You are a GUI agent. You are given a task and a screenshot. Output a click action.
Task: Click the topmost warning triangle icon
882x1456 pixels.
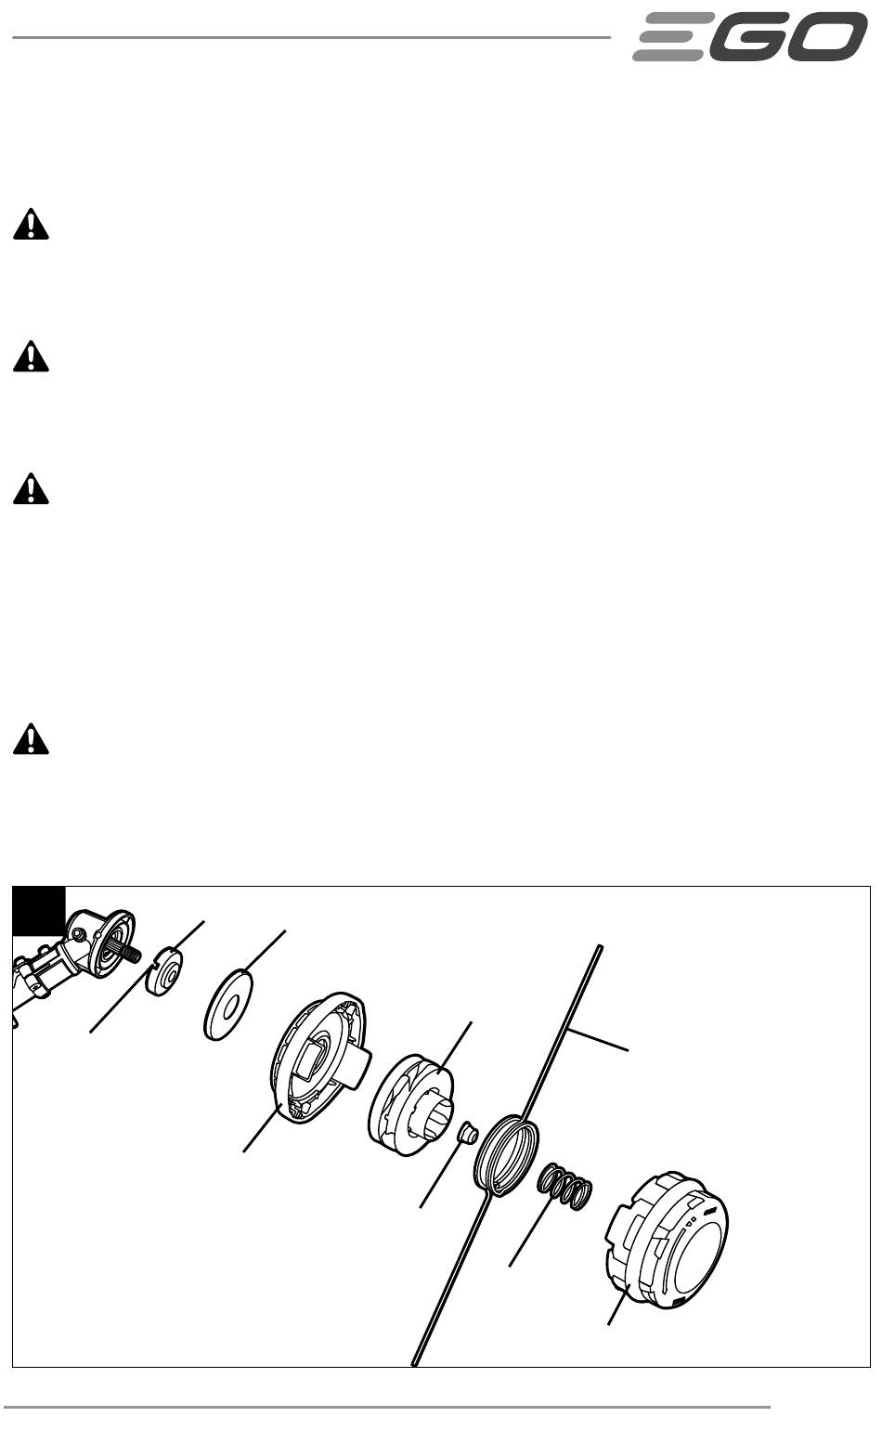click(x=31, y=225)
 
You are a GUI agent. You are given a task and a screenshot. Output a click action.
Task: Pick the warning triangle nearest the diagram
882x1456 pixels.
click(x=31, y=738)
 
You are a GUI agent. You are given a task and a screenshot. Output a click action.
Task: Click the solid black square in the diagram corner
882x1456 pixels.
click(x=39, y=911)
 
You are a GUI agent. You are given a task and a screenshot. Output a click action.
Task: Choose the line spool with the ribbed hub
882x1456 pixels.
click(x=411, y=1104)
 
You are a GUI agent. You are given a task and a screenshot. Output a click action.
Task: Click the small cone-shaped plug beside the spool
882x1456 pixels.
click(x=467, y=1135)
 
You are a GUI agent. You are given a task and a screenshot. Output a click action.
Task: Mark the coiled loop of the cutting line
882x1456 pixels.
click(x=506, y=1156)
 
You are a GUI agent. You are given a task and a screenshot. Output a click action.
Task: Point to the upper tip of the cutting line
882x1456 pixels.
click(x=600, y=948)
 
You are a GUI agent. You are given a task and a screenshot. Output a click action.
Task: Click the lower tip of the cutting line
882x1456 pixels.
click(x=415, y=1362)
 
